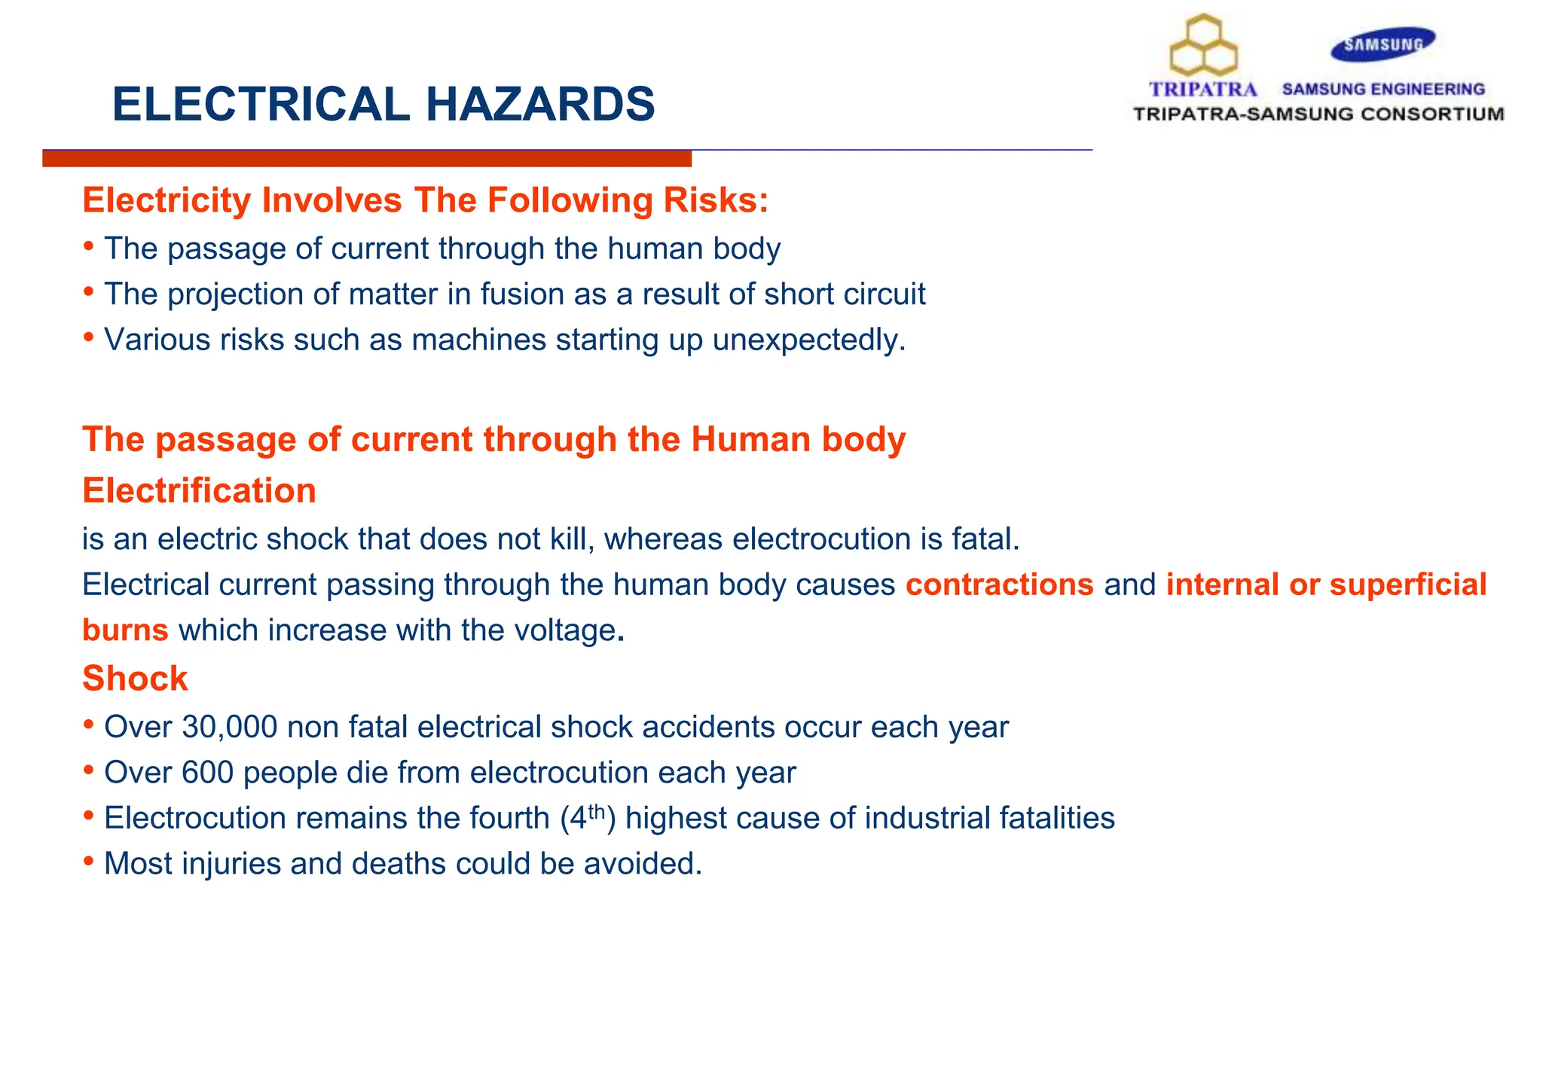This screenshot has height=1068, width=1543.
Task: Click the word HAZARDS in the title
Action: point(540,104)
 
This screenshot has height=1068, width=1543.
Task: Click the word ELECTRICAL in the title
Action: point(261,104)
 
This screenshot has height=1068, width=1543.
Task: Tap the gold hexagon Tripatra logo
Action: point(1203,47)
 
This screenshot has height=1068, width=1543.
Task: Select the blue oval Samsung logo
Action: point(1383,44)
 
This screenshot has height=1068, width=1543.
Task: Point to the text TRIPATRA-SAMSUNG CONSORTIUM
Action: point(1318,114)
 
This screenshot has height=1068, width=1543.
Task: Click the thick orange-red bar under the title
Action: point(367,159)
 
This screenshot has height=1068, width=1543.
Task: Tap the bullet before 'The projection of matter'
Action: point(89,291)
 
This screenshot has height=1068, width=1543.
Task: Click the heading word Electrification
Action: point(199,491)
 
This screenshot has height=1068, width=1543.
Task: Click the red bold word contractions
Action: point(999,585)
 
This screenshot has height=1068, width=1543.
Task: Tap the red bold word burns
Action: point(125,630)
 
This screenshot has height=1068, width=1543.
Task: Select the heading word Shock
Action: point(135,679)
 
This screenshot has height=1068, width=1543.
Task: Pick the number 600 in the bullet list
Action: point(207,773)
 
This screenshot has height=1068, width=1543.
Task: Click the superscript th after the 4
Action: point(596,811)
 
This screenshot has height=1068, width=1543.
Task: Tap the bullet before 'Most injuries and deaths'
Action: point(89,861)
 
